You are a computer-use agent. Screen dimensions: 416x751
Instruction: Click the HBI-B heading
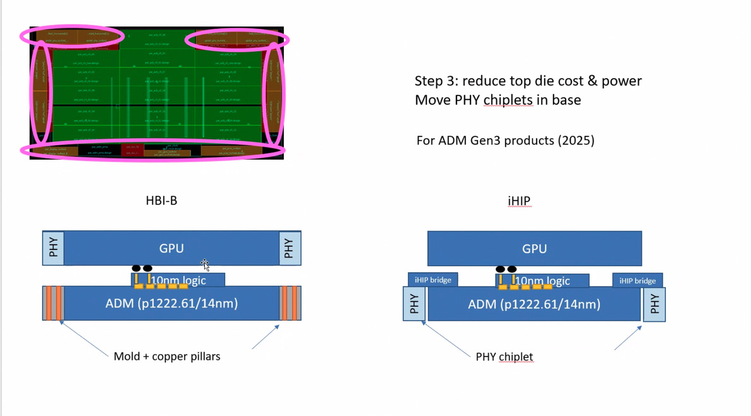click(161, 201)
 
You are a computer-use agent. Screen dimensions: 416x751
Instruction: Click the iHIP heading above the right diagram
click(519, 201)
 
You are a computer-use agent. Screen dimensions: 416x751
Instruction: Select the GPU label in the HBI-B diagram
click(172, 248)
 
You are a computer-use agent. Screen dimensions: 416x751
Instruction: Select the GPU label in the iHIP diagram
click(534, 249)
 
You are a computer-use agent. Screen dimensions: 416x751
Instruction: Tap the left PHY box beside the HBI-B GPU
click(54, 247)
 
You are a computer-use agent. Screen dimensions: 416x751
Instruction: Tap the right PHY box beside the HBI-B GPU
click(289, 247)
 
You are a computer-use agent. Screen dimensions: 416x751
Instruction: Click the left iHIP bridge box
click(433, 280)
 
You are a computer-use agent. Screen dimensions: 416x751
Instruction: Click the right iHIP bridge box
click(637, 280)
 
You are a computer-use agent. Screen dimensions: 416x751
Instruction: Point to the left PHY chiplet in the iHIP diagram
click(414, 304)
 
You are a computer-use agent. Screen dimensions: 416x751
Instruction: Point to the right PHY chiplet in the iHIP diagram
click(654, 304)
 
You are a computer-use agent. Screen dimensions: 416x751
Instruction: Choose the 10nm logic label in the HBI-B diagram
click(178, 280)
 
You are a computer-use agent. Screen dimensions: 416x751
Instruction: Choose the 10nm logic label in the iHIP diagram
click(542, 281)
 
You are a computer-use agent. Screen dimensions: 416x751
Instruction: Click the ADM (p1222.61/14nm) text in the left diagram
click(172, 304)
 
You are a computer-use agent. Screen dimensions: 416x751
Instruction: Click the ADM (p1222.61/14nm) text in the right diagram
click(534, 304)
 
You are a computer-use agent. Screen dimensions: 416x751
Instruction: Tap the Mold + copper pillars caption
click(167, 356)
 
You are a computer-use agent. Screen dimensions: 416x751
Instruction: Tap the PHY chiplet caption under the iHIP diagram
click(504, 357)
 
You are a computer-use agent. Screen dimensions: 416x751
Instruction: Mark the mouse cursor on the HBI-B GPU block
click(205, 264)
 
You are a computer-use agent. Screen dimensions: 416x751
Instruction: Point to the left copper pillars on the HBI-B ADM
click(53, 303)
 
